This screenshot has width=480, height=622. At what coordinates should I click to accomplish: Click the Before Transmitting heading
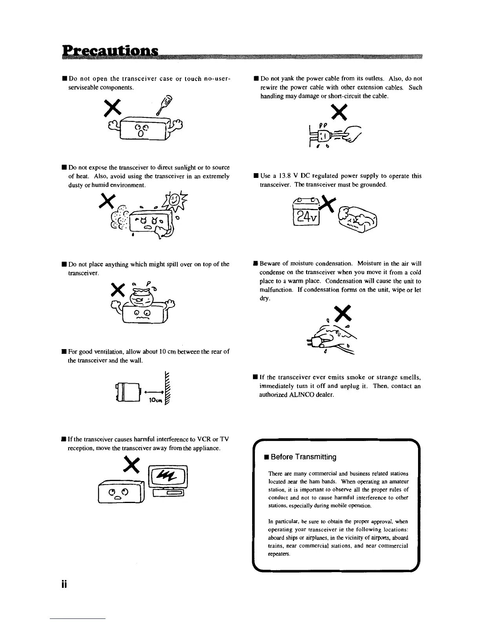(303, 457)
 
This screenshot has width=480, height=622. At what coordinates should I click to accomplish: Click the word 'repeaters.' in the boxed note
(279, 554)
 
